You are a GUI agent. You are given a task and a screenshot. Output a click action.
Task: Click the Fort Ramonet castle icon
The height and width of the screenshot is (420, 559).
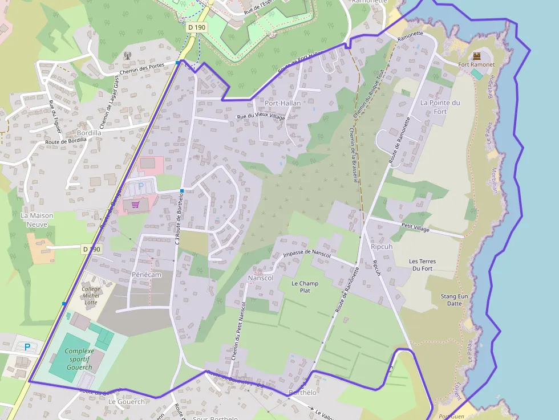point(477,55)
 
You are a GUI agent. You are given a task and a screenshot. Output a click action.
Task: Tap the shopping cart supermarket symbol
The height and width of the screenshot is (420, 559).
point(135,205)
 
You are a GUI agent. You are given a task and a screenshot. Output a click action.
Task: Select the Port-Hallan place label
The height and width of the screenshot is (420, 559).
point(282,103)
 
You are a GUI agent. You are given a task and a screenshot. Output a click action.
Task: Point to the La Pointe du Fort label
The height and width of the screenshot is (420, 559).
point(440,107)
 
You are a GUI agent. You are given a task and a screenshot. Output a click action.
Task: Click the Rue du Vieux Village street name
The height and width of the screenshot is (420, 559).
point(261,117)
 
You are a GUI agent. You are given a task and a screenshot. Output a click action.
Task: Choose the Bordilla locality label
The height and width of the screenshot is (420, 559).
point(89,133)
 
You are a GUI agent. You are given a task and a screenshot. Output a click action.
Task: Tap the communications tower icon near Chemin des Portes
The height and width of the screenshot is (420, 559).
point(127,56)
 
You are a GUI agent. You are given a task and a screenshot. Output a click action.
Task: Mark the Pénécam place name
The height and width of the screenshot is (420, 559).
point(147,275)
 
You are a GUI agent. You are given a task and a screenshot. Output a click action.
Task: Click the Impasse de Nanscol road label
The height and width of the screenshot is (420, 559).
point(307,252)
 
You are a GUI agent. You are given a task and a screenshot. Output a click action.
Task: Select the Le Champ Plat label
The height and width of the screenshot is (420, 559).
point(305,287)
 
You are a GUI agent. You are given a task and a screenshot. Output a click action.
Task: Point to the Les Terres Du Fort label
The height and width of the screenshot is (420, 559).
point(423,265)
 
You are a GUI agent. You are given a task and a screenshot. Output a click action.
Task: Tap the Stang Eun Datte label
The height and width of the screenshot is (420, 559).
point(455,300)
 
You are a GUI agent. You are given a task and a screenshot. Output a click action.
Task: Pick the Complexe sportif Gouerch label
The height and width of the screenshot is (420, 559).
point(79,359)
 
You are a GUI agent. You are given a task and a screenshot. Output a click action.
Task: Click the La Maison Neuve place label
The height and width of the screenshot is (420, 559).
point(37,220)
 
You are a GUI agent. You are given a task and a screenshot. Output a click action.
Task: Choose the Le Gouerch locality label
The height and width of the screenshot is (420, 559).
point(127,401)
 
